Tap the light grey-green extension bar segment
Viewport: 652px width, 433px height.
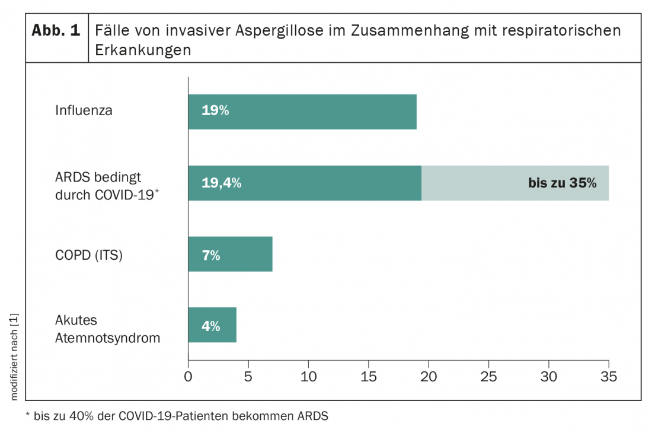point(474,183)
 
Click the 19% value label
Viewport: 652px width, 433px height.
point(215,111)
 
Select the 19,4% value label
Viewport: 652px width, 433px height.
point(221,183)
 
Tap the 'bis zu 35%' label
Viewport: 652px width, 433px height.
point(562,183)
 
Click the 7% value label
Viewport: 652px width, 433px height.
point(211,256)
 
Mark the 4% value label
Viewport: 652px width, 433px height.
point(211,326)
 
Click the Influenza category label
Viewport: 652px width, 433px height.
point(84,110)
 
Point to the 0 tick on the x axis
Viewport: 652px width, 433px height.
point(188,376)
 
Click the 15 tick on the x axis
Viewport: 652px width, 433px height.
point(368,376)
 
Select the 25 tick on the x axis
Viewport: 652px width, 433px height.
point(488,376)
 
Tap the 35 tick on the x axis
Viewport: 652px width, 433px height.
point(609,376)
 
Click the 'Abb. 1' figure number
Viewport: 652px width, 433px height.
point(56,31)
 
